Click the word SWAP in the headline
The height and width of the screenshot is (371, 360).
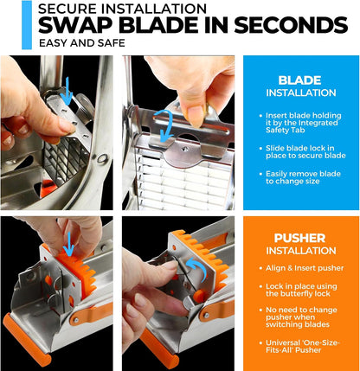coord(76,25)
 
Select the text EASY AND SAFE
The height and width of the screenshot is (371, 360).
coord(82,43)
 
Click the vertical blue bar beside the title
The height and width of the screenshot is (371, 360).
coord(27,25)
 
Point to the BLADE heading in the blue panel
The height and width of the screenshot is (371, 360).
coord(299,80)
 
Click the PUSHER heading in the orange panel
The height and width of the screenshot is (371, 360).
coord(299,238)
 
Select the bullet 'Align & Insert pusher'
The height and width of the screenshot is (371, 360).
coord(301,268)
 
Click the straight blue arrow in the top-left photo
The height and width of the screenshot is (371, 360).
coord(67,91)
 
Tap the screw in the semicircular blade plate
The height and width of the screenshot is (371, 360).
coord(185,149)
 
